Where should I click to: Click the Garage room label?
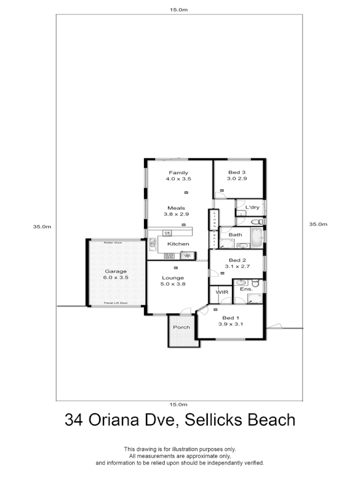click(x=116, y=271)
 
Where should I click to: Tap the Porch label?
click(x=181, y=327)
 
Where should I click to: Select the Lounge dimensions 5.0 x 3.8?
click(x=173, y=284)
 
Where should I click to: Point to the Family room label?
click(x=179, y=173)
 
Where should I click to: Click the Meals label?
click(x=176, y=208)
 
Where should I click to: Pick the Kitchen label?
click(x=178, y=244)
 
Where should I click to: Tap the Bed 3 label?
click(x=237, y=173)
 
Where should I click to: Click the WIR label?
click(x=221, y=293)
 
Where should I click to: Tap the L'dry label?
click(x=252, y=207)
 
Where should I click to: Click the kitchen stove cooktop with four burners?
click(x=170, y=255)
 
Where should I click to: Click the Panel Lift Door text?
click(x=116, y=303)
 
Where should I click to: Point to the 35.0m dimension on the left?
click(x=42, y=227)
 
